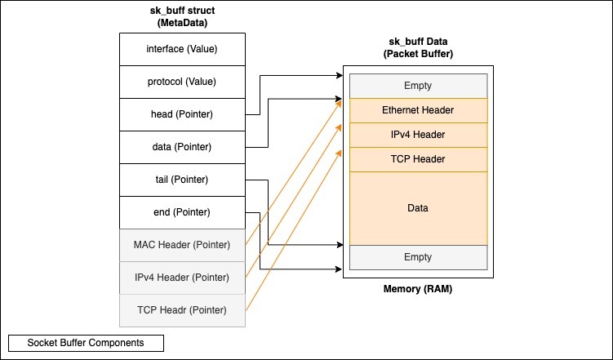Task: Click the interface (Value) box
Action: coord(182,49)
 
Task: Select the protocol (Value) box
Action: coord(182,82)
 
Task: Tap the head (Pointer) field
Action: coord(182,114)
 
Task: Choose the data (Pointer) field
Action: coord(182,147)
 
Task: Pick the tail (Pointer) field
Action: coord(182,180)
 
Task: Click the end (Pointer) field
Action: coord(182,212)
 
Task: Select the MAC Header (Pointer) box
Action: coord(182,245)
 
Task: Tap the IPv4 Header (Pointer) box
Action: coord(182,278)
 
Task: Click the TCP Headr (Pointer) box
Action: coord(182,310)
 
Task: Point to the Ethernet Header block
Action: coord(418,110)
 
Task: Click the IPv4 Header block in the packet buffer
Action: coord(418,135)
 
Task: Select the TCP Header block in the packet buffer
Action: coord(418,159)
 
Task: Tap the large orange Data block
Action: coord(418,208)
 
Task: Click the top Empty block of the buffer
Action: coord(418,86)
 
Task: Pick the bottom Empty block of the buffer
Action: coord(418,257)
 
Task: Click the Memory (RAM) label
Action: coord(418,290)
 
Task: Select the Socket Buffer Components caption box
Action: coord(87,343)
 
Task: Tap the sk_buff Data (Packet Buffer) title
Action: coord(418,48)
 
